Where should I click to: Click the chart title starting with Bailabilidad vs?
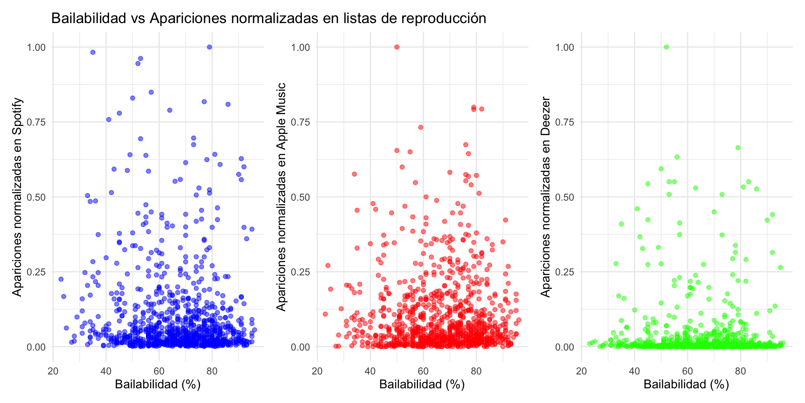click(x=268, y=18)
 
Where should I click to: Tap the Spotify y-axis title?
click(x=17, y=196)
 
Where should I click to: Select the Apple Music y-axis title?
click(x=281, y=196)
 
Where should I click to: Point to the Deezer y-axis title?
click(x=545, y=196)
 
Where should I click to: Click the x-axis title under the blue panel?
click(x=158, y=384)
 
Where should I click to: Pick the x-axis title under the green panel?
click(x=686, y=384)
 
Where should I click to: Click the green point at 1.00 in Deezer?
click(x=666, y=47)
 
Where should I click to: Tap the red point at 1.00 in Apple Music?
click(x=397, y=47)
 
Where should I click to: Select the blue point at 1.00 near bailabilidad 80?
click(x=210, y=47)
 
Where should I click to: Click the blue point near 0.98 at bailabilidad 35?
click(x=93, y=52)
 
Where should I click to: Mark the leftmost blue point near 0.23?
click(x=61, y=279)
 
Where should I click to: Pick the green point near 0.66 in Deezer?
click(x=738, y=148)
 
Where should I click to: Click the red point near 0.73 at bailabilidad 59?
click(x=421, y=127)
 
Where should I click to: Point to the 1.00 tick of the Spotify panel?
click(x=36, y=47)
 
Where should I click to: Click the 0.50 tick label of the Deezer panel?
click(x=565, y=197)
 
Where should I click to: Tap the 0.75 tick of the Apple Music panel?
click(x=300, y=122)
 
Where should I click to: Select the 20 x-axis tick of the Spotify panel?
click(x=53, y=371)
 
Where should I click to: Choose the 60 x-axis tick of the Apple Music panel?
click(x=423, y=371)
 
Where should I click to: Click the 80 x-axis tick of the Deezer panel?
click(x=740, y=371)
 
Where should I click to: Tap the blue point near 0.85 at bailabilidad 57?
click(x=151, y=92)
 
